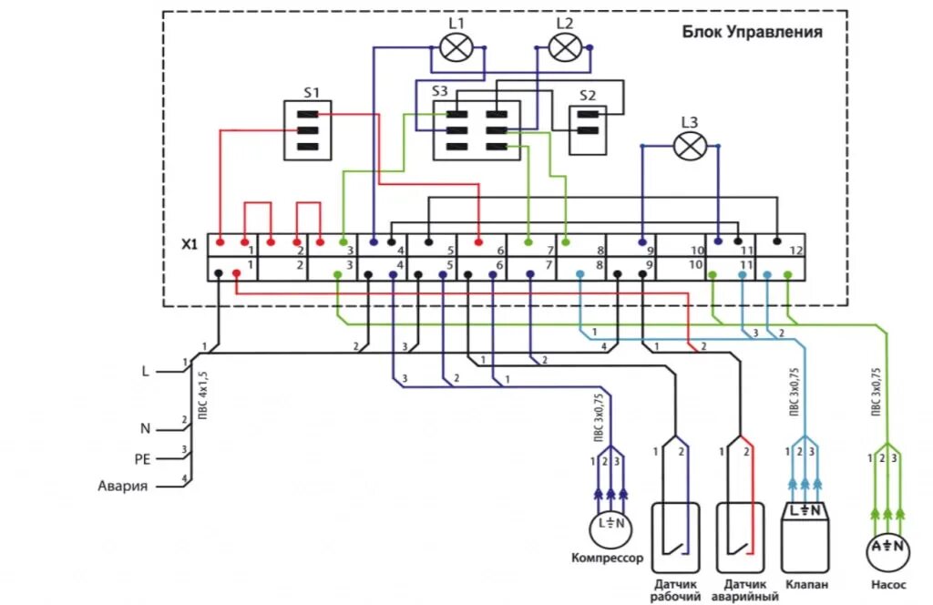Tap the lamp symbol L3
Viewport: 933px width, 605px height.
pyautogui.click(x=691, y=146)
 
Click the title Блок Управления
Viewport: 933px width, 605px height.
pyautogui.click(x=753, y=32)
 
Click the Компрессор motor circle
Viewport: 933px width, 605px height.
pyautogui.click(x=611, y=524)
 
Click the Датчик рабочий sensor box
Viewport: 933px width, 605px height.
pyautogui.click(x=675, y=537)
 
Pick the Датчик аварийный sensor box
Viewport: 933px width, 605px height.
pyautogui.click(x=739, y=537)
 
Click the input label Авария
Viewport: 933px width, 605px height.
pyautogui.click(x=122, y=486)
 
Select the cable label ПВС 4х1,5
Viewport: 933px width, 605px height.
pyautogui.click(x=203, y=393)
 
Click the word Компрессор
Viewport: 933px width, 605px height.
pyautogui.click(x=607, y=558)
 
